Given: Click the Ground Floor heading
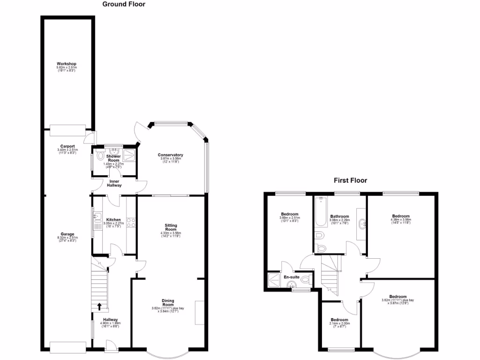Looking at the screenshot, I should click(x=124, y=4).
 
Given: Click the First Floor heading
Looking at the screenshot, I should click(x=350, y=180).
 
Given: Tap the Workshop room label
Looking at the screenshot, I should click(x=67, y=64).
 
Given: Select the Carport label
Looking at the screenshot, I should click(x=67, y=146).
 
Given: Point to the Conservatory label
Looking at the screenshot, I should click(x=170, y=155).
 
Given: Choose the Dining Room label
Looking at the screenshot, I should click(x=168, y=302).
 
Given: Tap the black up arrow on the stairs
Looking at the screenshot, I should click(x=99, y=307).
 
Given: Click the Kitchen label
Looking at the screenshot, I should click(x=113, y=220).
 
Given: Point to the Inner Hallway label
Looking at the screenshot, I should click(x=115, y=183).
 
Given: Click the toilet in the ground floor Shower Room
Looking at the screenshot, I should click(x=97, y=157).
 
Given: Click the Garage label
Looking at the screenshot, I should click(x=67, y=234).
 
